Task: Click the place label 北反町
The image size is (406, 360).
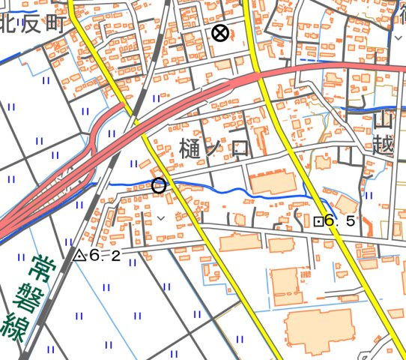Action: (31, 23)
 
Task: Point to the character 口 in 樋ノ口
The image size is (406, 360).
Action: (240, 148)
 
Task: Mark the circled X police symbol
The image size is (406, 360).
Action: (219, 33)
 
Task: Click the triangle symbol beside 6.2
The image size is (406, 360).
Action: (80, 255)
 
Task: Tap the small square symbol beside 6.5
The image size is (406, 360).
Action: (318, 221)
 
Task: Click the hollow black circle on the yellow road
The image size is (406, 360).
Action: (158, 185)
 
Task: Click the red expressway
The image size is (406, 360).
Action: (202, 94)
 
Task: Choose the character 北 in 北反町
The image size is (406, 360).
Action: (9, 23)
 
